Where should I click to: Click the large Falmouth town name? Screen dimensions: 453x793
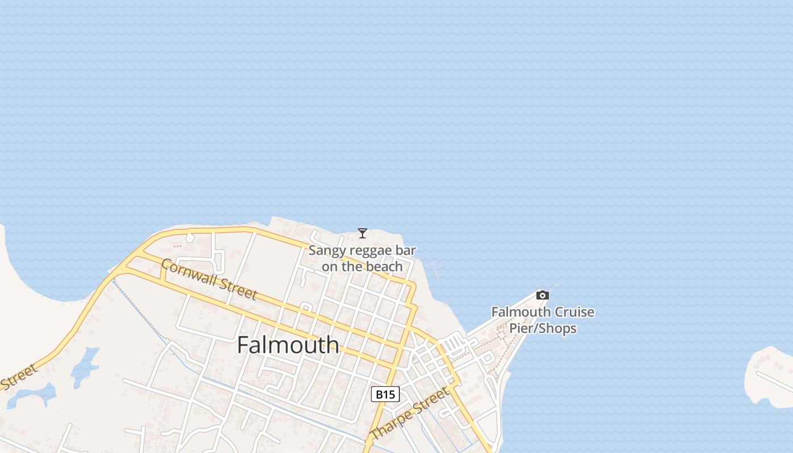(x=288, y=345)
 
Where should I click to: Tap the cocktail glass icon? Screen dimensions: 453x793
(x=363, y=233)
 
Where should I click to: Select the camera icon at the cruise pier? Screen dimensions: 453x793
(x=543, y=295)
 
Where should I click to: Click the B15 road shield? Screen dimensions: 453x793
(x=385, y=394)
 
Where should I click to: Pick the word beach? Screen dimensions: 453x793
(x=387, y=266)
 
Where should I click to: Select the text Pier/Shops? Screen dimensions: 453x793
(x=543, y=328)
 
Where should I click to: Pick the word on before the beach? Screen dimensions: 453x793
(x=330, y=266)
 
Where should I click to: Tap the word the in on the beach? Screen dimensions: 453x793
(x=355, y=266)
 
